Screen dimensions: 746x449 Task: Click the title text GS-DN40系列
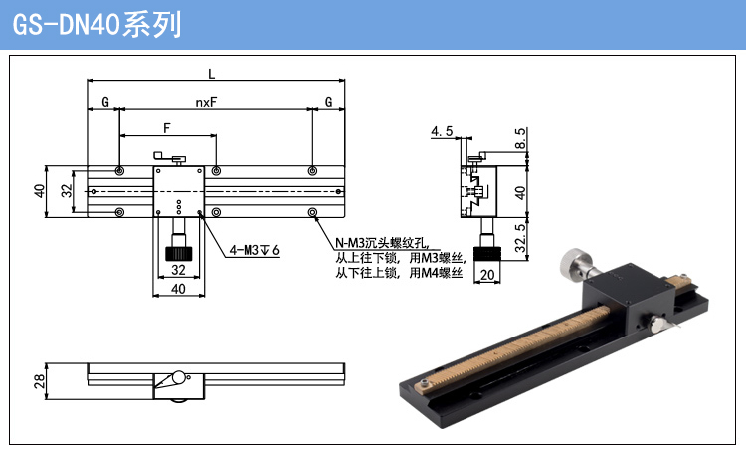96,24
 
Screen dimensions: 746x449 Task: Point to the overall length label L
212,74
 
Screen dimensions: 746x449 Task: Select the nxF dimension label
206,102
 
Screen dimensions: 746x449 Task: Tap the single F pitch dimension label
166,128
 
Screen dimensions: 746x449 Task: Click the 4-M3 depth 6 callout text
254,250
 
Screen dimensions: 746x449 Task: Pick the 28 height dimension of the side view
40,381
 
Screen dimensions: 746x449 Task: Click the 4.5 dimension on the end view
442,131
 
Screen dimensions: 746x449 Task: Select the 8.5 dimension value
520,138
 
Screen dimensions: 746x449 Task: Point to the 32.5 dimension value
520,238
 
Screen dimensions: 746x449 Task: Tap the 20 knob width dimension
487,275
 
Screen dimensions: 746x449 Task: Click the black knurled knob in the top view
178,253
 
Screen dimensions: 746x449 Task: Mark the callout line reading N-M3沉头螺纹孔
382,243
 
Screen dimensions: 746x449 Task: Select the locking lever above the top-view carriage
169,157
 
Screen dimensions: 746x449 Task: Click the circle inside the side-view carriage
178,377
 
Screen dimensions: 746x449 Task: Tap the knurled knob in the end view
487,253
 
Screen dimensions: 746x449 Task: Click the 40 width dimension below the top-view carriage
178,289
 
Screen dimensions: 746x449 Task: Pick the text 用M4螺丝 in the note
436,273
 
